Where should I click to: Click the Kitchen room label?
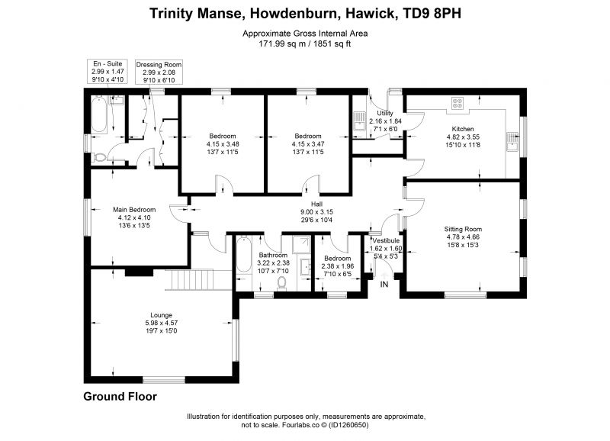463,129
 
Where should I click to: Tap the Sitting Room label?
463,229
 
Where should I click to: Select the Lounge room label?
161,315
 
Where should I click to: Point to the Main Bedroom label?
134,209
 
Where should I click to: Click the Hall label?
316,204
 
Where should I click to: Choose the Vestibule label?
386,240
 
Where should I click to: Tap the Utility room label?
385,113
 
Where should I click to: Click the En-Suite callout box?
108,71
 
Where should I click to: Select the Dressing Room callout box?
159,72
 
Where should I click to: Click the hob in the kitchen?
457,103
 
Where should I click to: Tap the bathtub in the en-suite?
99,114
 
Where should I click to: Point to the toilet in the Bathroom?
281,283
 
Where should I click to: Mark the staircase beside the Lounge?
192,279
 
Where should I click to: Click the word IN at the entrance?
384,285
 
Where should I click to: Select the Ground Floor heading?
120,397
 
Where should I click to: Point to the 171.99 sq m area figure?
278,43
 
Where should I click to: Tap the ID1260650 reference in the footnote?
348,425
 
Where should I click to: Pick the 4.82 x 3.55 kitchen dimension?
463,137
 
